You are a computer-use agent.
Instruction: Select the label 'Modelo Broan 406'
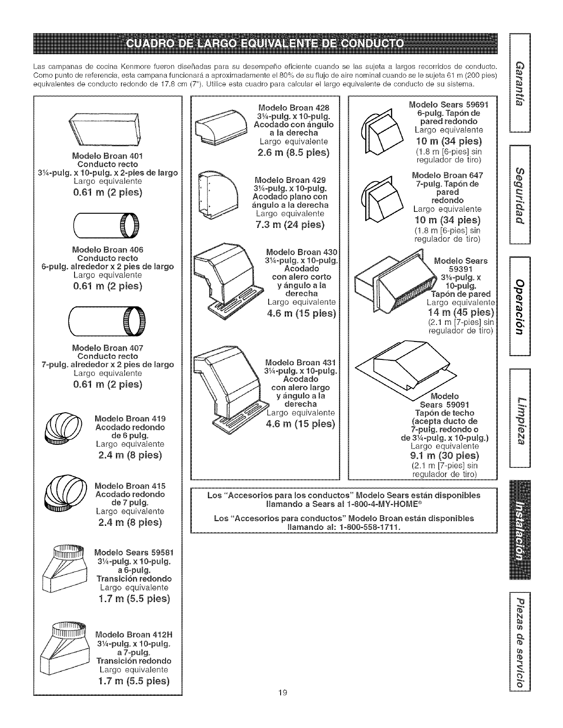(108, 250)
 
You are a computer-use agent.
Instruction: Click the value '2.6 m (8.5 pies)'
(293, 152)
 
